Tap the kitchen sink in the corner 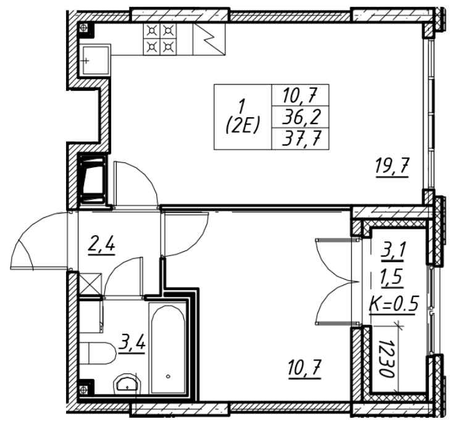click(93, 60)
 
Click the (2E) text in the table click(243, 121)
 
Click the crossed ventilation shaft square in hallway click(89, 285)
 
